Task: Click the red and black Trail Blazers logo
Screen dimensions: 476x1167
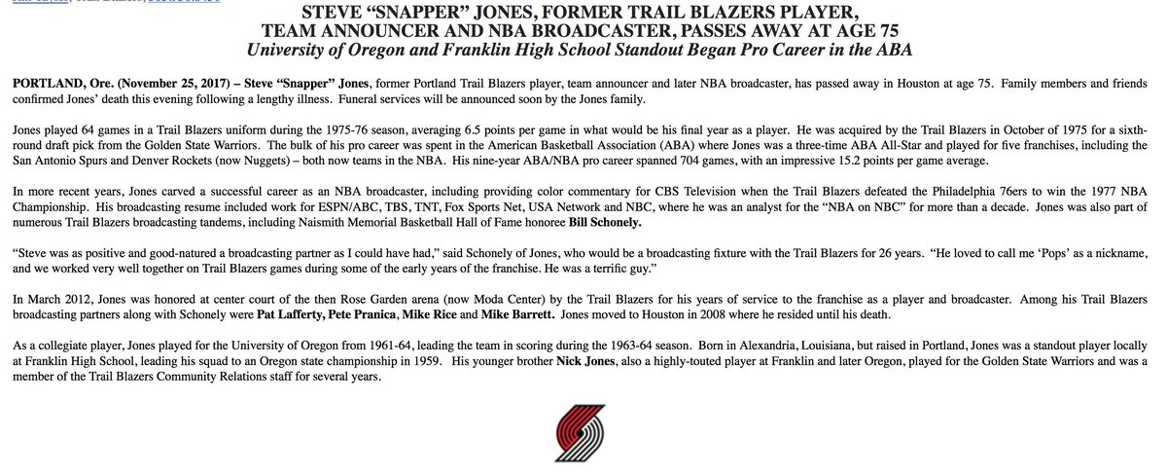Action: click(x=583, y=441)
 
